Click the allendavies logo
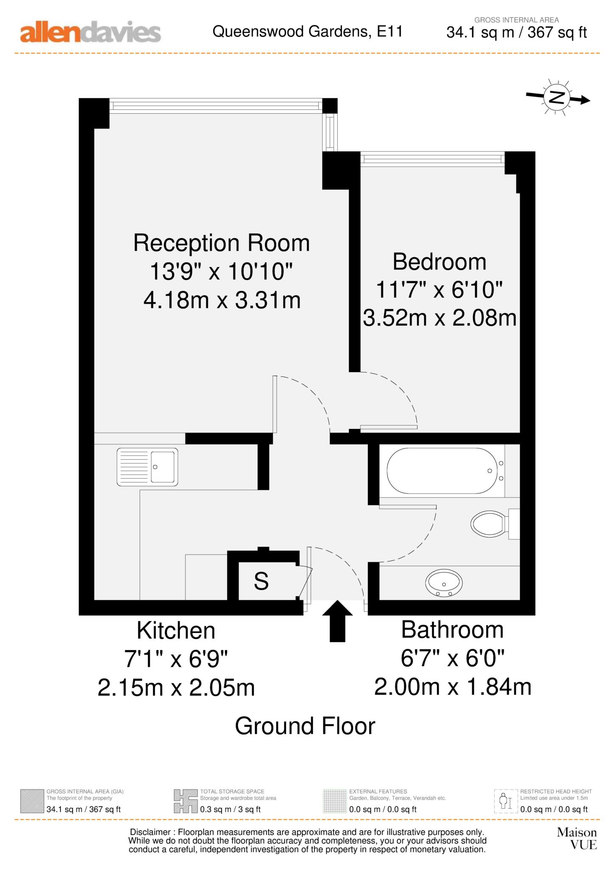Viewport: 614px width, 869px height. (90, 33)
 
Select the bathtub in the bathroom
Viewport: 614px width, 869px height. (441, 471)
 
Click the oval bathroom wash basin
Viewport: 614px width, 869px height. (444, 582)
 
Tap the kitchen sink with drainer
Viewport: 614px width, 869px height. (147, 467)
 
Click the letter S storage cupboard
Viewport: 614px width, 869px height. (261, 581)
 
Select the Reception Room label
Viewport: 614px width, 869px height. (221, 243)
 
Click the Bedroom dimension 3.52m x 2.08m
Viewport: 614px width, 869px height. (440, 318)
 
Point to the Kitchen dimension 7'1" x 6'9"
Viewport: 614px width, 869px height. (176, 659)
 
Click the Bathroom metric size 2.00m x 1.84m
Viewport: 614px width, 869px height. (453, 687)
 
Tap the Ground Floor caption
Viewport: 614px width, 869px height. (305, 726)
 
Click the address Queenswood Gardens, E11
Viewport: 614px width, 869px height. (307, 31)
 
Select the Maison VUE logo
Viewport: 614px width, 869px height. (577, 838)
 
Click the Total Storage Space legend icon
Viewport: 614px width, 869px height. (185, 801)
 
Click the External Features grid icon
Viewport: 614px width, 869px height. (335, 801)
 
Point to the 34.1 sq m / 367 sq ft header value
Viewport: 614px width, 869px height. (516, 32)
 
